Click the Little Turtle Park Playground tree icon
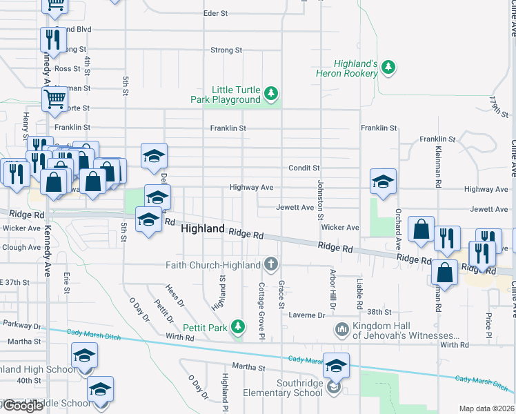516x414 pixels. point(272,92)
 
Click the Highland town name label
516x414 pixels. point(202,228)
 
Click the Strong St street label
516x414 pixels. point(226,50)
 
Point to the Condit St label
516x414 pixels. point(304,168)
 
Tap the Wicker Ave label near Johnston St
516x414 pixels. point(339,227)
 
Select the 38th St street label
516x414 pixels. point(379,312)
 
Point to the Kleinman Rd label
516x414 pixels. point(439,167)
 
